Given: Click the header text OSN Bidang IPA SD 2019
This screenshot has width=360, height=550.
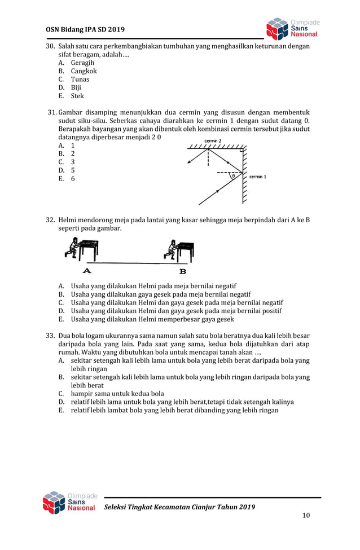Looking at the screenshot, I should tap(85, 29).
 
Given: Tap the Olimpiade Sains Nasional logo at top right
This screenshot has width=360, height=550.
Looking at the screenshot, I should tap(292, 28).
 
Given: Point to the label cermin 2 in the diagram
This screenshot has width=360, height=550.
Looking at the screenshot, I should tap(213, 140).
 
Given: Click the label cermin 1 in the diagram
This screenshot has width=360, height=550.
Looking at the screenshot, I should tap(258, 177).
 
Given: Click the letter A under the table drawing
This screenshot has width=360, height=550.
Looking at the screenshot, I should tap(88, 270).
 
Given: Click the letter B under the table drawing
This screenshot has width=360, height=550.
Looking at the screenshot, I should tap(174, 270).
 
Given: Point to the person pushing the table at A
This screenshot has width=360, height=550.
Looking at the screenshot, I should tap(72, 248).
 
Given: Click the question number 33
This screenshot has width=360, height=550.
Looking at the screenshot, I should tap(51, 336).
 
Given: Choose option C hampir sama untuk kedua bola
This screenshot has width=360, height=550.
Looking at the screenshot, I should tap(111, 393).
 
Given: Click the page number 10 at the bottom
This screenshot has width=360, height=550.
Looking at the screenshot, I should tap(306, 515).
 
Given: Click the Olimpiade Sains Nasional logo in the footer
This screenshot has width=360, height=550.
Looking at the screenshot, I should tap(70, 503).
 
